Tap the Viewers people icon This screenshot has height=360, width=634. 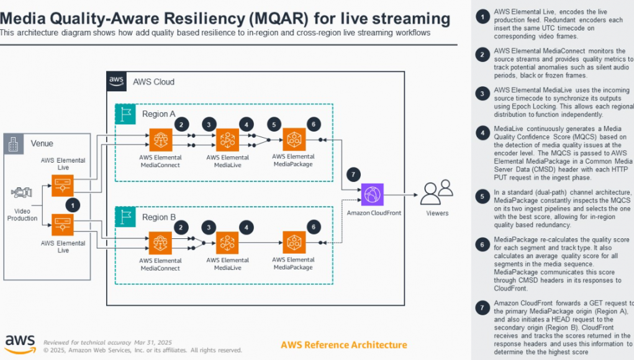437,192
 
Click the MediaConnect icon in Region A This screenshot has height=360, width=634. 160,140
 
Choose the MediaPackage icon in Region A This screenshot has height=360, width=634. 294,140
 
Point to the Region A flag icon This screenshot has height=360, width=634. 126,114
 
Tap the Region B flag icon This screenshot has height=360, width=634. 126,217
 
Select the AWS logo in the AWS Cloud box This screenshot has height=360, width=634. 117,81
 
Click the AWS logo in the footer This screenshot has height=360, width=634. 20,343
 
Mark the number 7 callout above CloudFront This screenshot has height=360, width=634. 353,174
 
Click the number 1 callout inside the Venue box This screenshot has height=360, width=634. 73,204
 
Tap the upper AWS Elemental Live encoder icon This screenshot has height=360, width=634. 63,185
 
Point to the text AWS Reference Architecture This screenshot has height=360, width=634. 344,345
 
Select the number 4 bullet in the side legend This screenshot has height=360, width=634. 482,132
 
